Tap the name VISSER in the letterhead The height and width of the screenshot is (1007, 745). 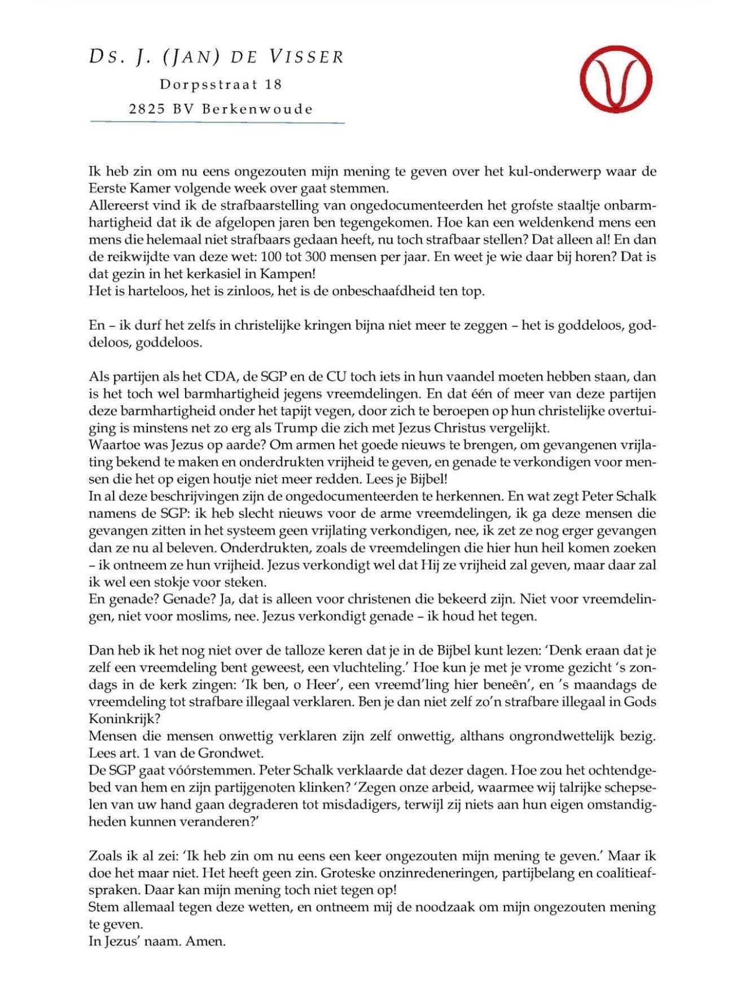pos(306,57)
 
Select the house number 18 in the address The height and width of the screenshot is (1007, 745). pos(273,85)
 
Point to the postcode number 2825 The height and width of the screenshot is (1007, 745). pos(147,110)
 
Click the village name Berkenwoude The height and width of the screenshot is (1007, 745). pos(257,110)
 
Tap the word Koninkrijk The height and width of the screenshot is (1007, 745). pos(121,719)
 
